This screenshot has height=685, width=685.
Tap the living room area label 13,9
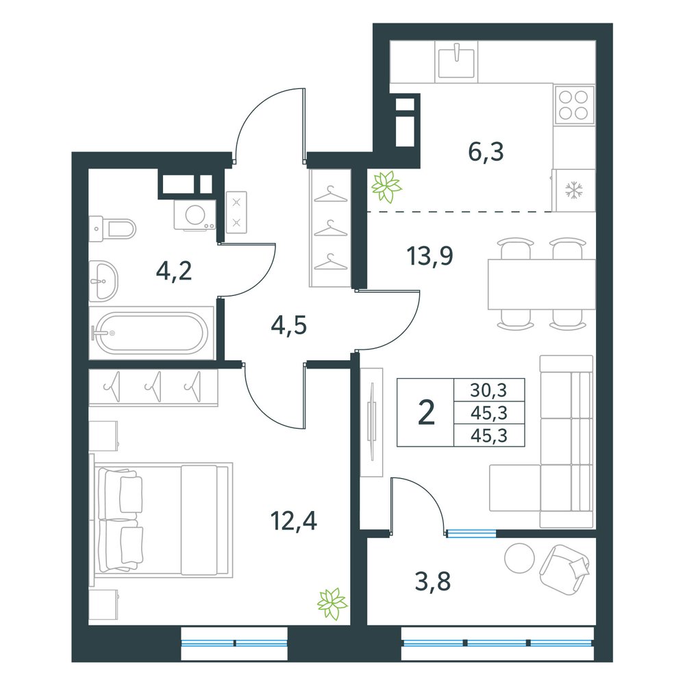point(430,256)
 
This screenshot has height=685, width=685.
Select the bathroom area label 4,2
point(174,271)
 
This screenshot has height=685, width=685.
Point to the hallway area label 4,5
point(289,325)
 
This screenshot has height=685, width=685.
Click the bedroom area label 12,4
point(294,521)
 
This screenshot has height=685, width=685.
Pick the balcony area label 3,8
point(432,582)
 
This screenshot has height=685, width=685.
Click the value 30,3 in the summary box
point(488,390)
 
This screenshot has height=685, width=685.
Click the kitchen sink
point(456,62)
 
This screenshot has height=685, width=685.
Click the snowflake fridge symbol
point(573,190)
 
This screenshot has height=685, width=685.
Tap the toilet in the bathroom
point(112,228)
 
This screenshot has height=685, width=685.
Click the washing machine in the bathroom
point(195,214)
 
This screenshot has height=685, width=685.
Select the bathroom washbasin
point(103,282)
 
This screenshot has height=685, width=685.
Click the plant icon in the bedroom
point(332,603)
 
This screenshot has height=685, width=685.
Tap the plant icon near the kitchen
point(386,187)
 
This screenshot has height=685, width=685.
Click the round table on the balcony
point(519,558)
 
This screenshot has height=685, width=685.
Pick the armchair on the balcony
point(565,569)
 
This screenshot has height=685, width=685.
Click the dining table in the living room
point(542,284)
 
